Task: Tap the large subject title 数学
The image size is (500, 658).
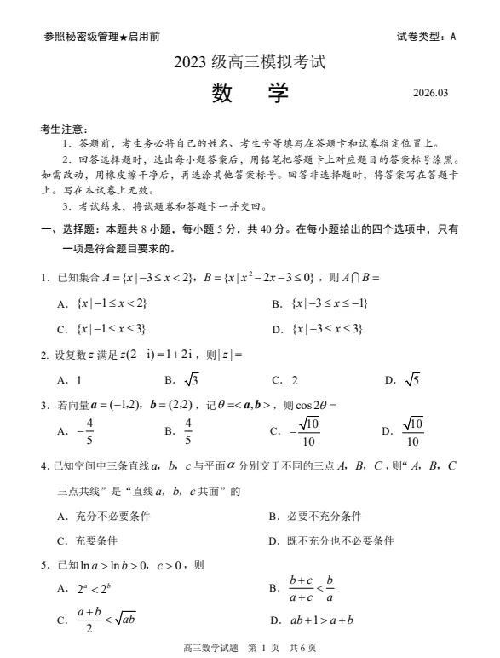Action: (250, 92)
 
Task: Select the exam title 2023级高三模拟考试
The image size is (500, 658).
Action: (250, 61)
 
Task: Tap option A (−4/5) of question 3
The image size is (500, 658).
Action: (82, 431)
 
